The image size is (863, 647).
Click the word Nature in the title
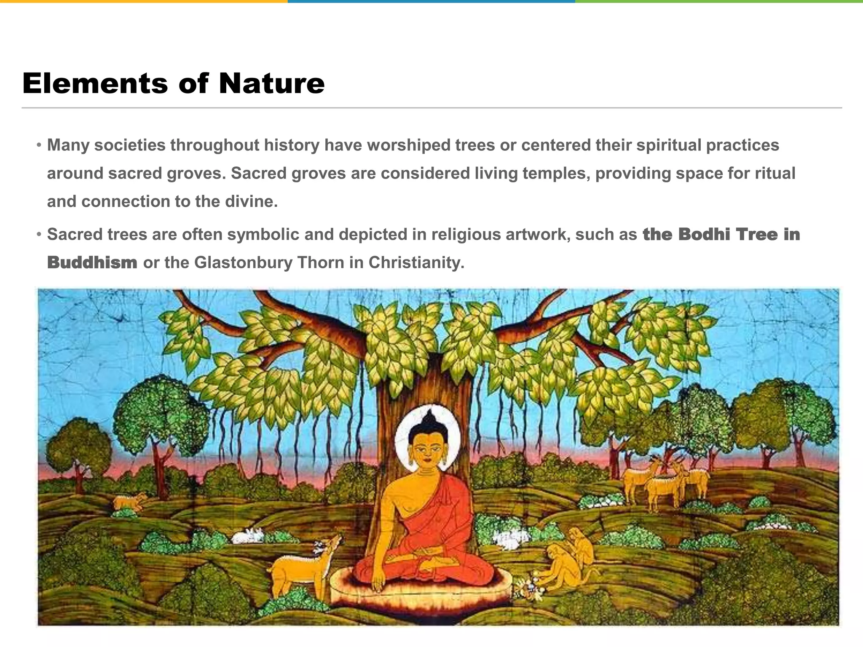point(272,83)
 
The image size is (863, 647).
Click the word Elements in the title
point(95,83)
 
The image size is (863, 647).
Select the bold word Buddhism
point(92,262)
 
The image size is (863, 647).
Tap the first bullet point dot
point(39,145)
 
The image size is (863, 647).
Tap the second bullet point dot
point(39,235)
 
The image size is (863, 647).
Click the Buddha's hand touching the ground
point(378,583)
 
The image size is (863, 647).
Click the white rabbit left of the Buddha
point(249,536)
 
